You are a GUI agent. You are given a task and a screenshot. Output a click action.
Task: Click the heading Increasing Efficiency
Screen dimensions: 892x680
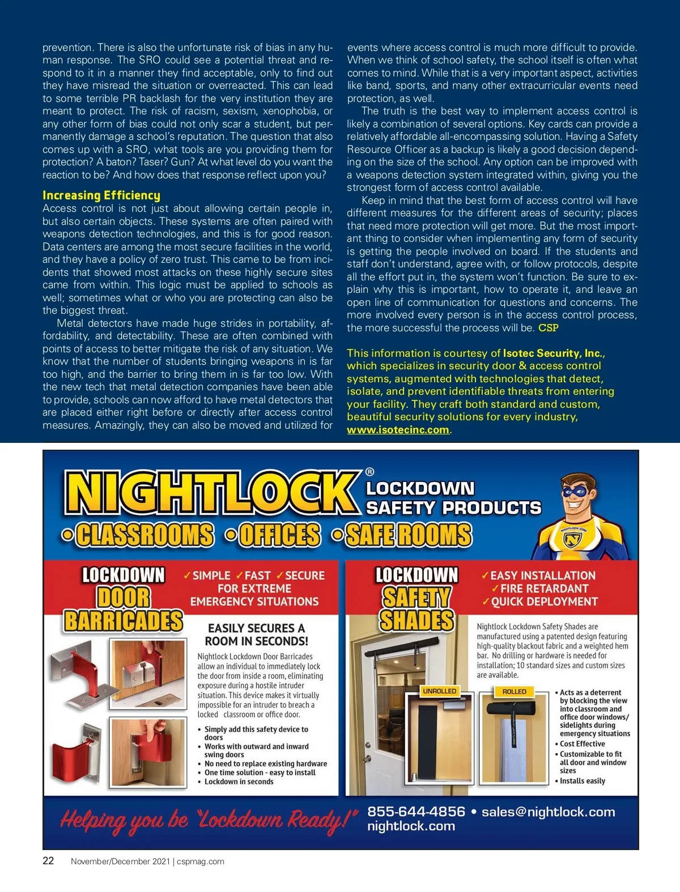pyautogui.click(x=101, y=195)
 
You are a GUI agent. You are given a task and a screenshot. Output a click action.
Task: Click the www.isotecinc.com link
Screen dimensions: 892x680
pyautogui.click(x=398, y=430)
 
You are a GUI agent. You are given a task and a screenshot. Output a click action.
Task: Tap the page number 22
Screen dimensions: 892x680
pyautogui.click(x=49, y=861)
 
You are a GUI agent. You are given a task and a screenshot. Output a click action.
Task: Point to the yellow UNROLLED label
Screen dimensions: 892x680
pyautogui.click(x=439, y=691)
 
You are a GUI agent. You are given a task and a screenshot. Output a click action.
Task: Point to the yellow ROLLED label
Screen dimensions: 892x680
pyautogui.click(x=514, y=692)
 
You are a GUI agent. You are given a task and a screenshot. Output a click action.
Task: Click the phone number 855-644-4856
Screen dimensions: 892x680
pyautogui.click(x=416, y=812)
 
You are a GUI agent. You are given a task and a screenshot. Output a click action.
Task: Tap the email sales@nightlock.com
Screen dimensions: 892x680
pyautogui.click(x=548, y=812)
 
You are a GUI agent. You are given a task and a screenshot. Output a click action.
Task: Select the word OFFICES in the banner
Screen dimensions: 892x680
pyautogui.click(x=279, y=535)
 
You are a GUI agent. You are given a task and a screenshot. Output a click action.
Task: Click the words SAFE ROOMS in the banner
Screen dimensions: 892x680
pyautogui.click(x=408, y=535)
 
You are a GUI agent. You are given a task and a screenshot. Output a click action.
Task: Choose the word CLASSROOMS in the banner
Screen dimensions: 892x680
pyautogui.click(x=145, y=535)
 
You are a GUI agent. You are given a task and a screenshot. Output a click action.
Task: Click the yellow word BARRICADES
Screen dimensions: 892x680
pyautogui.click(x=124, y=620)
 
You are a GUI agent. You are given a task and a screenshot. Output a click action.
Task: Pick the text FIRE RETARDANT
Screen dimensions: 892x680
pyautogui.click(x=544, y=588)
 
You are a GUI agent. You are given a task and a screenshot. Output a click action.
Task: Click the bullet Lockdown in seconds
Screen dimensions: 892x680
pyautogui.click(x=239, y=782)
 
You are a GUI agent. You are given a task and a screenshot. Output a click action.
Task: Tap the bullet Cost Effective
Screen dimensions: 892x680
pyautogui.click(x=582, y=744)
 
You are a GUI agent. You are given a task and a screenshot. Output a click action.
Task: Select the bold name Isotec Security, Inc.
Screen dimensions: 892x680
pyautogui.click(x=552, y=353)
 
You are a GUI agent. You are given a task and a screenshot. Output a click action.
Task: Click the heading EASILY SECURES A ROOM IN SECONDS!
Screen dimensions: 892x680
pyautogui.click(x=256, y=634)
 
